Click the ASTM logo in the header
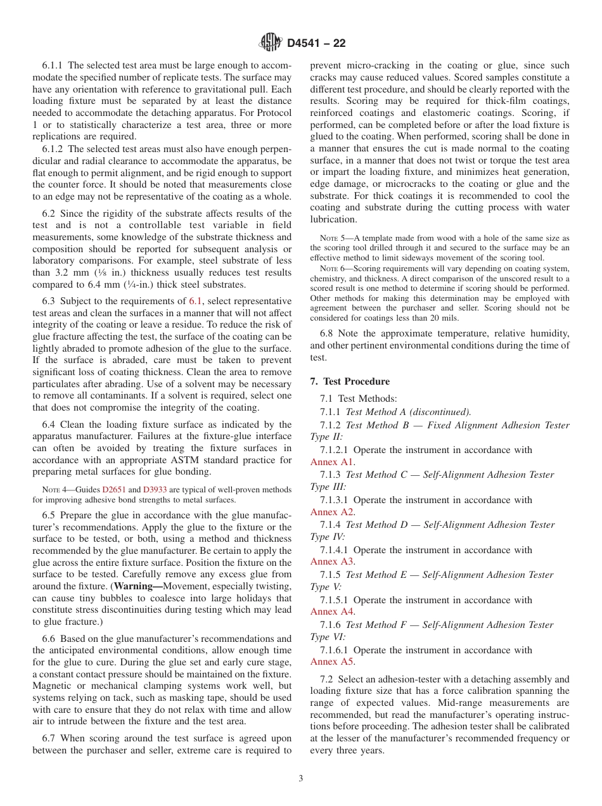pos(271,43)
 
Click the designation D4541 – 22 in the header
pos(316,44)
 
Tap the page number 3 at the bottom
pos(301,779)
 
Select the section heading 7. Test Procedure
pos(350,381)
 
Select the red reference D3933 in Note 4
pos(155,490)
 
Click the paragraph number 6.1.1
pos(53,66)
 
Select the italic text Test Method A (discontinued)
pos(408,412)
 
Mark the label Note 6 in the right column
pos(331,268)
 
